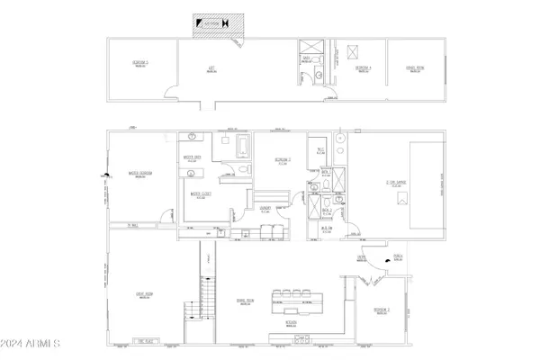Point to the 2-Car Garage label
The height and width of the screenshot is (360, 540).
pos(397,182)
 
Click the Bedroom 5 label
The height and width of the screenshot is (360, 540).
pos(140,64)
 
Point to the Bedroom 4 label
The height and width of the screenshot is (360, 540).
pos(364,68)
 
